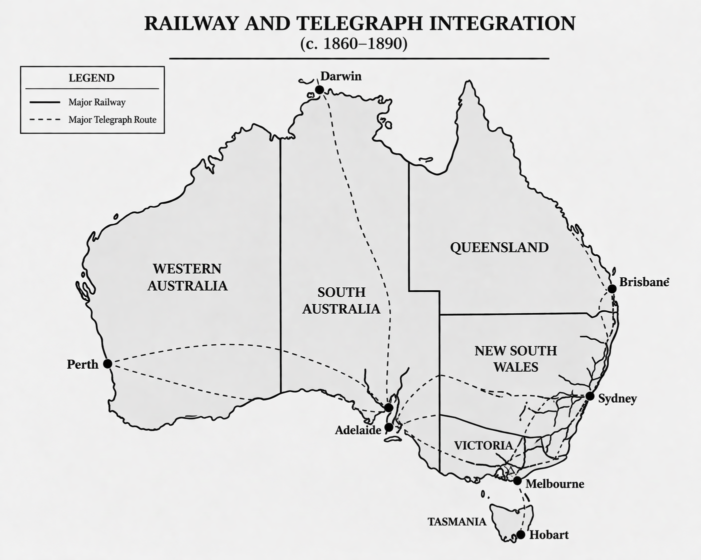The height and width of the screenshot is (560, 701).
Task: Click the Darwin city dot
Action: coord(319,90)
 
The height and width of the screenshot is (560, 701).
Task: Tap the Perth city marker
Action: coord(107,364)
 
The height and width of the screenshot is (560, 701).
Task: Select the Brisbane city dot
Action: coord(612,289)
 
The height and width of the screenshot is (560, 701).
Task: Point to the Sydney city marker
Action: coord(590,397)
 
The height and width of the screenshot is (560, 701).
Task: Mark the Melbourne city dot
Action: coord(517,481)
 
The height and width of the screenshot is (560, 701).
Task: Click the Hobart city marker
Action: coord(520,535)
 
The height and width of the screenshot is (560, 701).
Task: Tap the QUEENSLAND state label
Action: coord(499,247)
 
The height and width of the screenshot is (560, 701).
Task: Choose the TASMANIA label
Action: coord(456,522)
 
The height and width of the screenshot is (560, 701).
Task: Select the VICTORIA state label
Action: coord(483,445)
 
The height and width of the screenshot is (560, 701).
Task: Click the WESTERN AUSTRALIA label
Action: coord(187,277)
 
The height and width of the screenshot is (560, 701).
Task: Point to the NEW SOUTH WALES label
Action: coord(515,359)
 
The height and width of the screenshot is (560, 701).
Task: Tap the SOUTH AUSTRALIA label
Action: coord(341,300)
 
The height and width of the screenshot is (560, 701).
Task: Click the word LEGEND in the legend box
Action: coord(91,78)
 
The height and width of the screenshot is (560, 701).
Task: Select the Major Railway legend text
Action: coord(97,102)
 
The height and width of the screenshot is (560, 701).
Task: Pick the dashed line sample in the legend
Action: coord(45,120)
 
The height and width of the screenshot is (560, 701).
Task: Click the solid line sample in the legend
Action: coord(45,102)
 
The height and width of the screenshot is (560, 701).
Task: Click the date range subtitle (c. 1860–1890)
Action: coord(354,44)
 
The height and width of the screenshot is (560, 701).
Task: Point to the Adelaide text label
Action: coord(358,430)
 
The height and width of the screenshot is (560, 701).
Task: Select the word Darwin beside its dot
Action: coord(341,76)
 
